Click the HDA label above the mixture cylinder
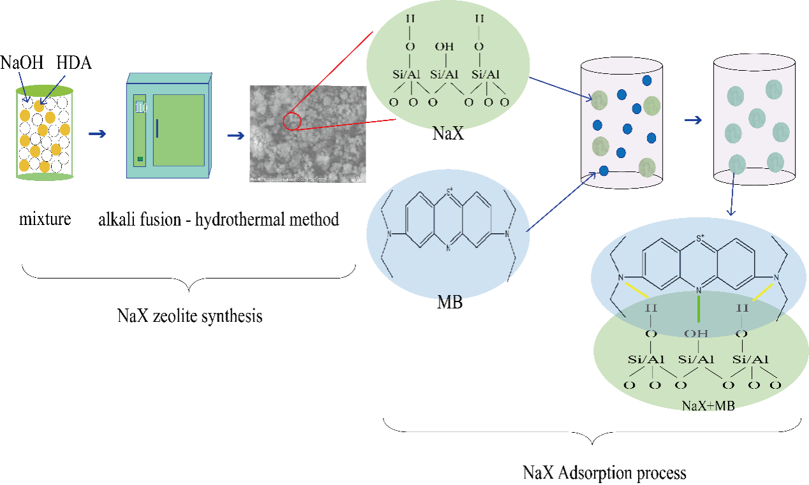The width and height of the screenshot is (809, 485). click(x=73, y=62)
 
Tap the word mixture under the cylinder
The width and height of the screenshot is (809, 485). click(x=45, y=221)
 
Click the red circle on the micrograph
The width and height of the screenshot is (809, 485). click(x=292, y=120)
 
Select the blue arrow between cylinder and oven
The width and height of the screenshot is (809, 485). click(x=97, y=133)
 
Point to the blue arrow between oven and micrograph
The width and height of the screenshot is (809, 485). click(x=236, y=135)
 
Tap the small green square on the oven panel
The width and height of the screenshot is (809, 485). click(x=140, y=158)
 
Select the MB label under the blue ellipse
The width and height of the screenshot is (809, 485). click(x=450, y=301)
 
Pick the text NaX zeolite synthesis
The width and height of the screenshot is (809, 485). click(x=189, y=315)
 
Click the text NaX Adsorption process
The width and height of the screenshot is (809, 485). click(x=604, y=473)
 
